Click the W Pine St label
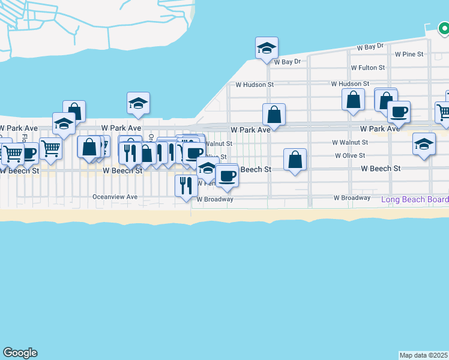409,54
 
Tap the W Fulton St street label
367,68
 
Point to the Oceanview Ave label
115,197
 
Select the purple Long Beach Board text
414,199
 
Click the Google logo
20,353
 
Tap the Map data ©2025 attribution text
424,355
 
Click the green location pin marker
443,28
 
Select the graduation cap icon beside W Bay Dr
266,48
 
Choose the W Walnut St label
350,142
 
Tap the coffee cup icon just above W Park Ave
399,111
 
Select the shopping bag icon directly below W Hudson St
354,99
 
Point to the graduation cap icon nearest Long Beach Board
424,144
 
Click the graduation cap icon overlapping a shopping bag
64,123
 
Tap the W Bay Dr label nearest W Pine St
370,46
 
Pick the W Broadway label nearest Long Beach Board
352,197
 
